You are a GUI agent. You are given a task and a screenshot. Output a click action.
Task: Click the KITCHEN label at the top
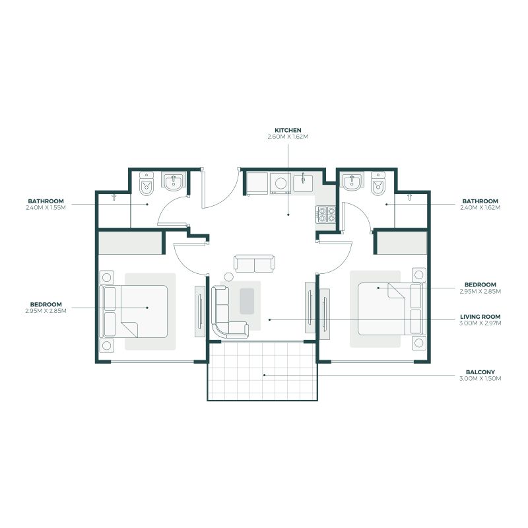288,130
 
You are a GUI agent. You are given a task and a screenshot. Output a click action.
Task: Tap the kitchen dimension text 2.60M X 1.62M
288,137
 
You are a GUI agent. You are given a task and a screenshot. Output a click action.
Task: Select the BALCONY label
480,372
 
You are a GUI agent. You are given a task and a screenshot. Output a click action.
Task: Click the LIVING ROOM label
480,317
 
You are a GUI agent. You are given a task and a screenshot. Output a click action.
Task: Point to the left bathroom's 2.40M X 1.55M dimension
46,208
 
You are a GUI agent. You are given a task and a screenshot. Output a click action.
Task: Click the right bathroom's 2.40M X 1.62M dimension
480,208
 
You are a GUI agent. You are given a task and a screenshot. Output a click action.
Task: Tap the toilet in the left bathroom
147,183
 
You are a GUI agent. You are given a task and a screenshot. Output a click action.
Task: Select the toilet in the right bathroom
378,183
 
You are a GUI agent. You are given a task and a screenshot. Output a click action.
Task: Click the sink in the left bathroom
174,181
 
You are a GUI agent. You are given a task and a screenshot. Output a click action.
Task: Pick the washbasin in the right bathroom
352,181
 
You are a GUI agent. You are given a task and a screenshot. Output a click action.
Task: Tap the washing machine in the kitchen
280,183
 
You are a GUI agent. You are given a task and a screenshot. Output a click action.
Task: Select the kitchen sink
303,183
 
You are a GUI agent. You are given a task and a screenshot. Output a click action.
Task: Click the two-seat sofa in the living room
254,263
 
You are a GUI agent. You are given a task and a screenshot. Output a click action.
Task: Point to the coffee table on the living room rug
247,301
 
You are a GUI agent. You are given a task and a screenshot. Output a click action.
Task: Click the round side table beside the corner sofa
228,277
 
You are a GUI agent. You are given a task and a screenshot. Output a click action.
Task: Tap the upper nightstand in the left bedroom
106,277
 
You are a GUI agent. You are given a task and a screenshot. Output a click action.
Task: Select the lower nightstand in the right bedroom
419,343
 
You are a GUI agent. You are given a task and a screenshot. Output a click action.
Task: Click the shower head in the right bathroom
409,197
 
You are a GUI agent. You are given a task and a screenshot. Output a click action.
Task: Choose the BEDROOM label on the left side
46,304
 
